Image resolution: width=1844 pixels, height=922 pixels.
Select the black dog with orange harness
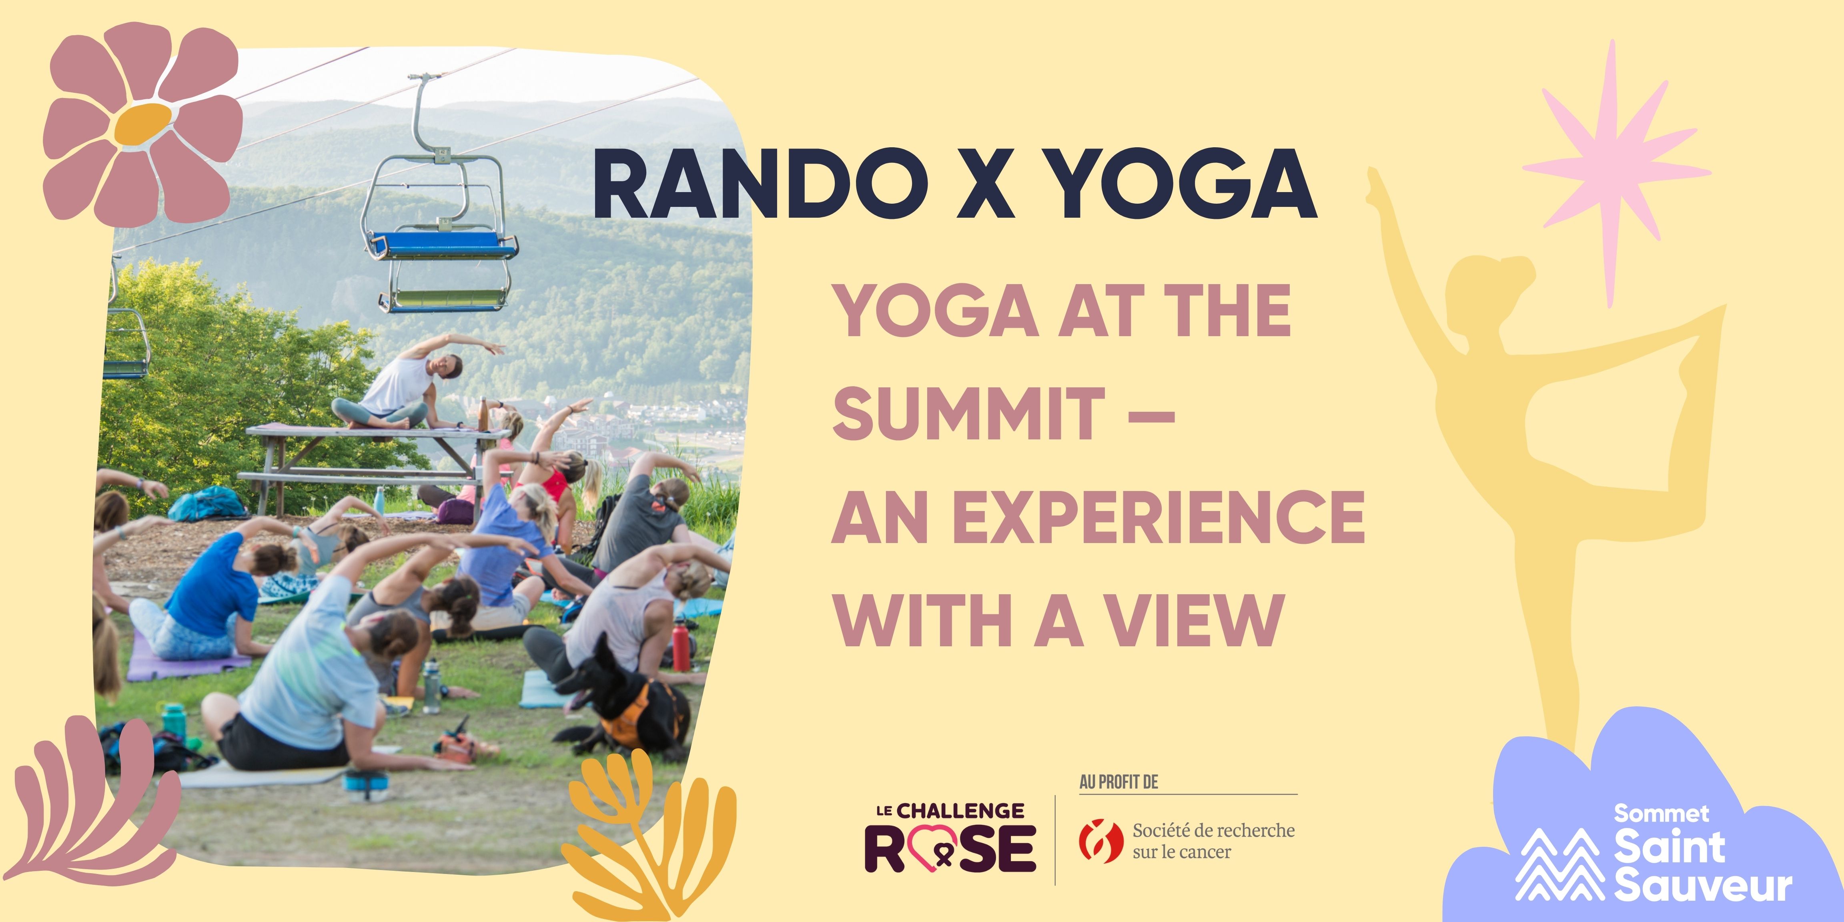(x=623, y=702)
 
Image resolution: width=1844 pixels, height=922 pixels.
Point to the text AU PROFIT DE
(x=1118, y=782)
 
